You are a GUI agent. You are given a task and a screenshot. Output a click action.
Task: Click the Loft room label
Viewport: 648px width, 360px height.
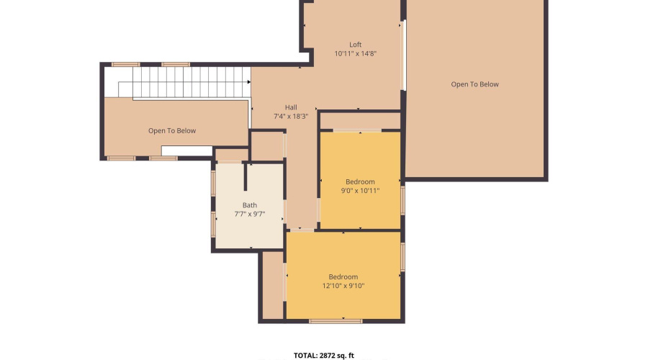tap(355, 45)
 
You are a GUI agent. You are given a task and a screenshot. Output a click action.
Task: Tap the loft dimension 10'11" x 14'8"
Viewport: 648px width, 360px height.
tap(355, 54)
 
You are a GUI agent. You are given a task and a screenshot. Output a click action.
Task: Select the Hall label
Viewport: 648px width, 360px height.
tap(290, 107)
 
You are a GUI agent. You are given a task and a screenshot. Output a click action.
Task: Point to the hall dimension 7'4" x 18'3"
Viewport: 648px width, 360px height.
tap(290, 117)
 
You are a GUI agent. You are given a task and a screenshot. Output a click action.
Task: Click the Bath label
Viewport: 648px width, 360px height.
tap(249, 205)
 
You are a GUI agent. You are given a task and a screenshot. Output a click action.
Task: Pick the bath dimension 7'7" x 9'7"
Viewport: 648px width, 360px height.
tap(249, 215)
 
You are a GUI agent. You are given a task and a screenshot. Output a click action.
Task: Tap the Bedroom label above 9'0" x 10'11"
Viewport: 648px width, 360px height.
tap(360, 181)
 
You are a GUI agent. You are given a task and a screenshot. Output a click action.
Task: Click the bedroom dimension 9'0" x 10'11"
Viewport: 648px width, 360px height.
tap(360, 191)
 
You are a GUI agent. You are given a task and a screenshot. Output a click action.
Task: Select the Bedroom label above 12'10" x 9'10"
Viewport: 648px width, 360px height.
tap(343, 277)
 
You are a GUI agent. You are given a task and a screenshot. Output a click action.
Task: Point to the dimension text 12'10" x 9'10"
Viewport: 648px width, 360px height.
tap(343, 287)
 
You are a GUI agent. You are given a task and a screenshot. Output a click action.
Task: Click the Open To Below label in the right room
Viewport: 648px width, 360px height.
tap(474, 84)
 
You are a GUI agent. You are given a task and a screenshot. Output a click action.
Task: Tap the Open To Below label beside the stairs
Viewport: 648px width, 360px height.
tap(172, 131)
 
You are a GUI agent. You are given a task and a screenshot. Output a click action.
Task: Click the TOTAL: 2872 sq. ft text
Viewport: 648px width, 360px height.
tap(323, 355)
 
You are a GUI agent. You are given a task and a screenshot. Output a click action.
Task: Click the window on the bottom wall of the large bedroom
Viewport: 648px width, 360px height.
tap(336, 320)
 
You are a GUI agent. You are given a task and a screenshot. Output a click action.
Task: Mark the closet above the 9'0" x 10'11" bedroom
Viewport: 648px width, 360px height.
tap(359, 120)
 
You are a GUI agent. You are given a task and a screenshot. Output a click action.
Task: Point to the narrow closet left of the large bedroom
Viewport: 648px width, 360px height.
tap(272, 284)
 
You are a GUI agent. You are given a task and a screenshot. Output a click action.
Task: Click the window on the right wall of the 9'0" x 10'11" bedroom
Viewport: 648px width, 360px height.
tap(402, 200)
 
